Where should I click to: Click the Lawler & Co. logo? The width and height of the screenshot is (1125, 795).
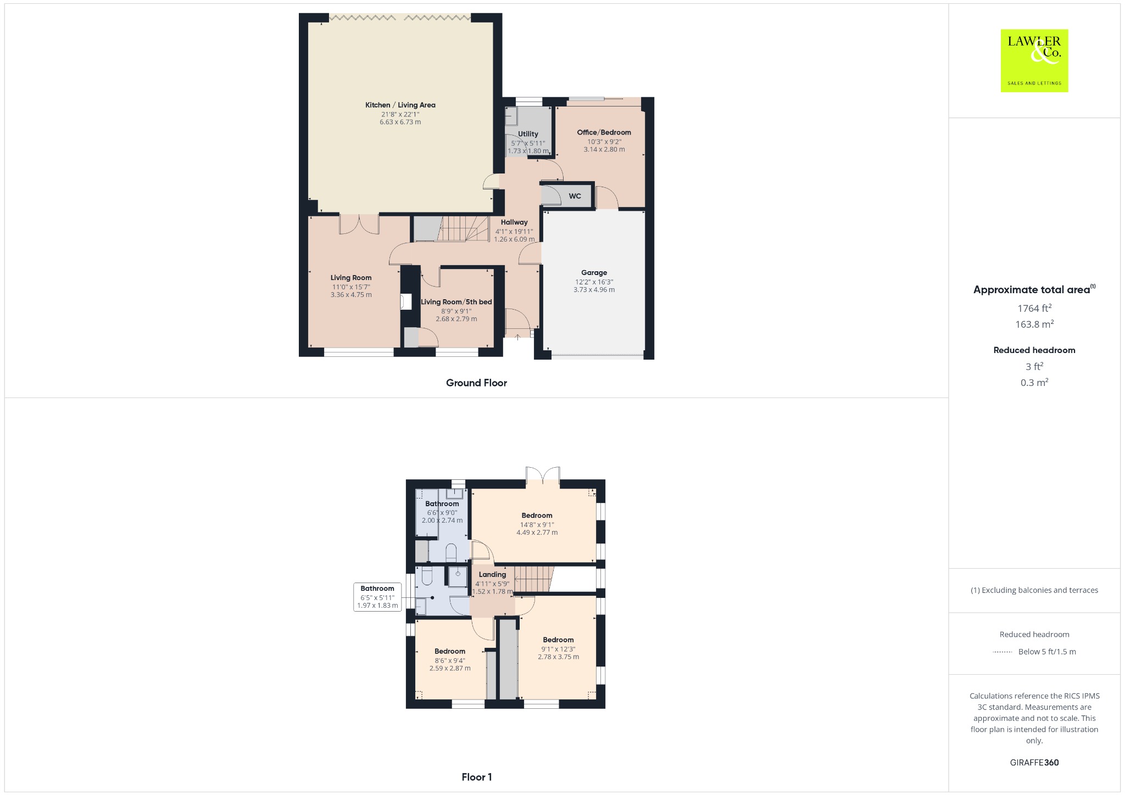[x=1034, y=60]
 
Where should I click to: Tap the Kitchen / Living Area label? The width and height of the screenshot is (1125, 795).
[x=400, y=105]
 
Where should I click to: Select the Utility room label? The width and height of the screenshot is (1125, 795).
[x=528, y=134]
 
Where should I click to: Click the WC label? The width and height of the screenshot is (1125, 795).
[x=575, y=196]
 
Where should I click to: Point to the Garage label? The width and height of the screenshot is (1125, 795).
[x=594, y=272]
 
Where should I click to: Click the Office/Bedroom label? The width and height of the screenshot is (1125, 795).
[x=604, y=132]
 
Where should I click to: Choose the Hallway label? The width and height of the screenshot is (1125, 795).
[x=514, y=222]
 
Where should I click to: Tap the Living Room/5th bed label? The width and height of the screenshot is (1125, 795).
[x=456, y=302]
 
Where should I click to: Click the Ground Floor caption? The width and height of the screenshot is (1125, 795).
[x=476, y=383]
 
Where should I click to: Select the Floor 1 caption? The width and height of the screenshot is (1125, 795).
[x=477, y=777]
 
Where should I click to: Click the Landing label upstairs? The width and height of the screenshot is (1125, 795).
[x=492, y=575]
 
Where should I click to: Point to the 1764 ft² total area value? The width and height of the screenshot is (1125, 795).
[x=1034, y=308]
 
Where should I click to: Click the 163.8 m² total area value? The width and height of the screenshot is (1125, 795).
[x=1034, y=324]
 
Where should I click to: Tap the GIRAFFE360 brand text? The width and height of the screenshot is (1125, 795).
[x=1034, y=762]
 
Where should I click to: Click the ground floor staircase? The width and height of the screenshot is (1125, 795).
[x=465, y=228]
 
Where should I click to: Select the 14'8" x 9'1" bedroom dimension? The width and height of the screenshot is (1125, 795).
[x=537, y=524]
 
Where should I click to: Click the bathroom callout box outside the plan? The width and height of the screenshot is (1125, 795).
[x=377, y=597]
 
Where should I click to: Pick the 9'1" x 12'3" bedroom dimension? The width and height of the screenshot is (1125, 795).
[x=559, y=649]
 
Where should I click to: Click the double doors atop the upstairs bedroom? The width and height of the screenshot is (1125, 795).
[x=543, y=475]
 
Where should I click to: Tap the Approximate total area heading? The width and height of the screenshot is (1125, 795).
[x=1032, y=290]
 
